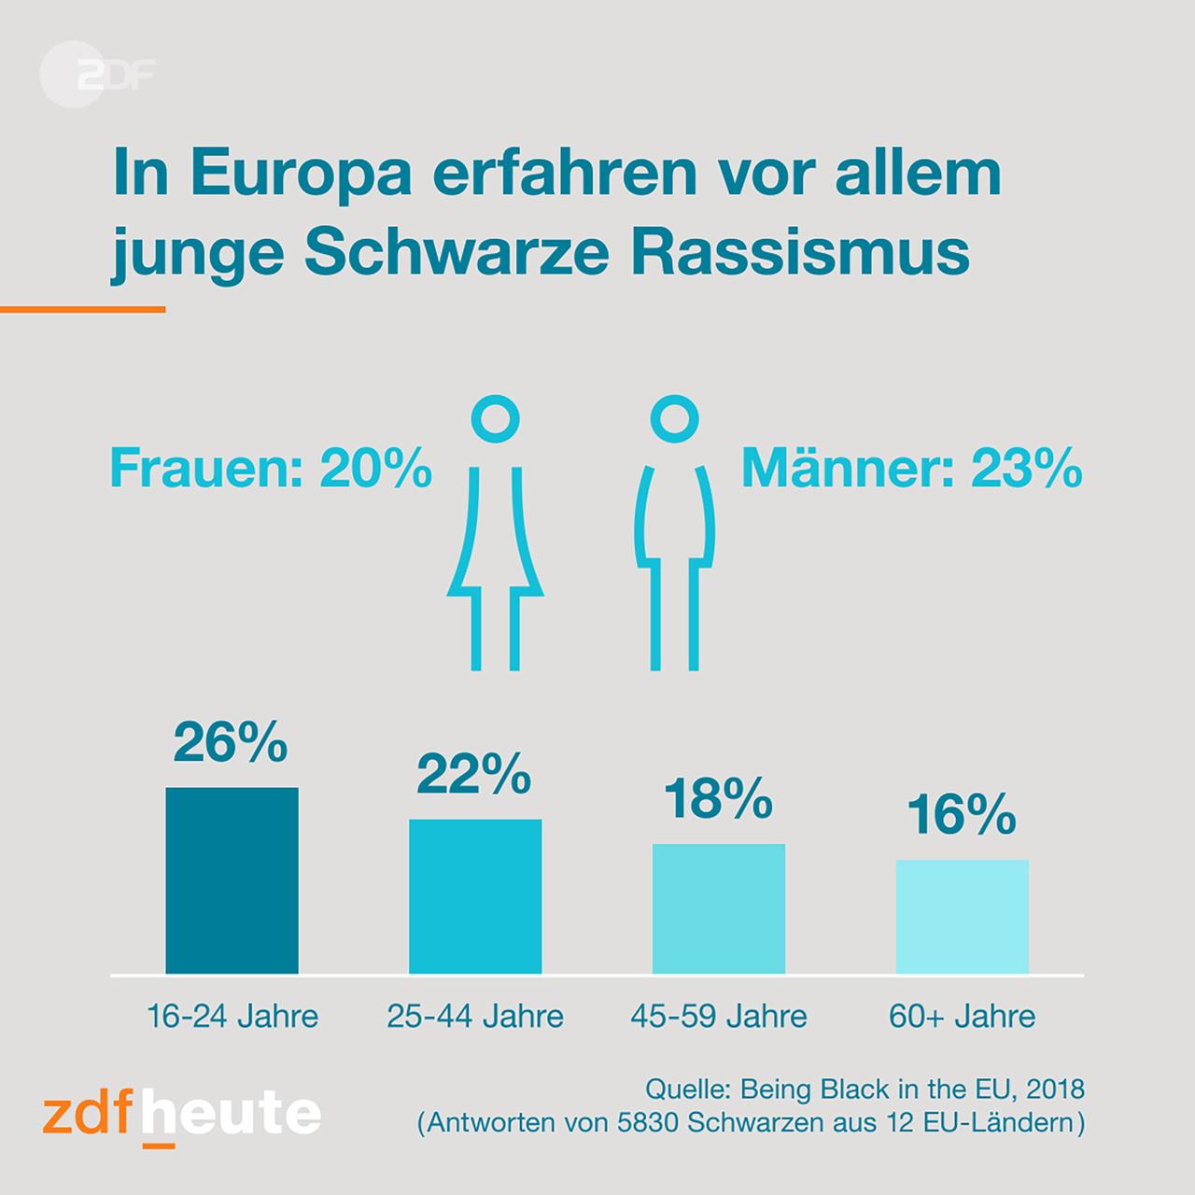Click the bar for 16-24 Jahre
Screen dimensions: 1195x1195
pyautogui.click(x=232, y=880)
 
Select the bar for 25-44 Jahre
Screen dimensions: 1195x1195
pyautogui.click(x=475, y=896)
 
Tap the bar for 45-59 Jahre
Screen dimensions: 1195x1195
pyautogui.click(x=719, y=908)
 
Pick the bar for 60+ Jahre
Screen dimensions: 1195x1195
pyautogui.click(x=963, y=917)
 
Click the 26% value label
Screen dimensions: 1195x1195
pyautogui.click(x=231, y=743)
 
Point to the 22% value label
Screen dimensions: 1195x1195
pyautogui.click(x=474, y=775)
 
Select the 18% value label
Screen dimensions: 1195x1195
pyautogui.click(x=718, y=799)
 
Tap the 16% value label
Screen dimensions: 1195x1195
pyautogui.click(x=962, y=815)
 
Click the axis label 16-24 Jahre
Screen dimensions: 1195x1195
pyautogui.click(x=232, y=1016)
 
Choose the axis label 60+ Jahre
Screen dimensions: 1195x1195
pyautogui.click(x=963, y=1016)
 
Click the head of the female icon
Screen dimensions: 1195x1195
pyautogui.click(x=495, y=419)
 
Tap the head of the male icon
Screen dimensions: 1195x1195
pyautogui.click(x=674, y=419)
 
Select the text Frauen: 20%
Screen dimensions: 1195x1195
pyautogui.click(x=272, y=470)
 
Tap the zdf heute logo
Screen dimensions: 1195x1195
pyautogui.click(x=182, y=1113)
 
